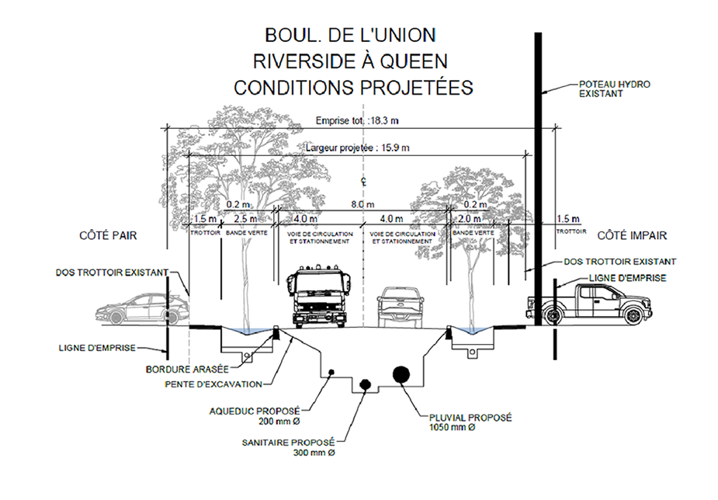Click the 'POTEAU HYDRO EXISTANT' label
pyautogui.click(x=614, y=88)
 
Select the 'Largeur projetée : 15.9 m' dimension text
pyautogui.click(x=358, y=147)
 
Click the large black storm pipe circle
pyautogui.click(x=402, y=373)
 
